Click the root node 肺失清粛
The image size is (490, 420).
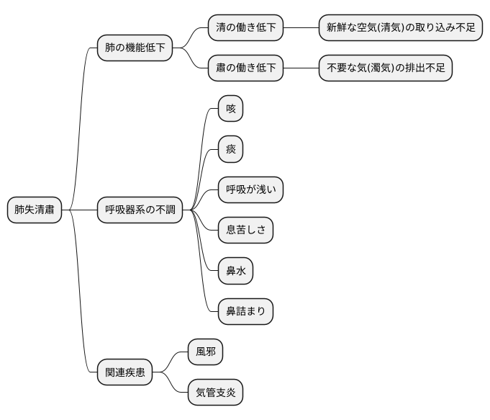pos(35,210)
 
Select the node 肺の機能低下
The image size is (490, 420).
pos(135,48)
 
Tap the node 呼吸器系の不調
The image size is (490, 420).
pos(140,210)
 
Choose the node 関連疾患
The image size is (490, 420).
pos(125,372)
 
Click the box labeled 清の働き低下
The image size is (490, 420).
pos(246,28)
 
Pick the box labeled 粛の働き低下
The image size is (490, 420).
pos(246,68)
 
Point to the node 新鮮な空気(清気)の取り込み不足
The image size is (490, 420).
pos(401,28)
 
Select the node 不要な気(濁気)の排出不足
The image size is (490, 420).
pos(386,68)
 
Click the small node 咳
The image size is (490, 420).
pos(231,109)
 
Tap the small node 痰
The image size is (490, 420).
pos(231,150)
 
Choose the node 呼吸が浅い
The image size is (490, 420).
pos(251,190)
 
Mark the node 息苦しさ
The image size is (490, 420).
pos(246,231)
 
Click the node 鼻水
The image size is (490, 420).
pos(236,272)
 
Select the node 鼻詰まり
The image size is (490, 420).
pos(246,312)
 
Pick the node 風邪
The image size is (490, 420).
pos(205,352)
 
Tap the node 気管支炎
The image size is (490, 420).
pos(215,393)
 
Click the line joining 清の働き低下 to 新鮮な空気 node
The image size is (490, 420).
pos(301,28)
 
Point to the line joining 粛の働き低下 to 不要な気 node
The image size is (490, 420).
pos(301,68)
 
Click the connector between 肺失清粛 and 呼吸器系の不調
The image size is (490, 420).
pos(79,210)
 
